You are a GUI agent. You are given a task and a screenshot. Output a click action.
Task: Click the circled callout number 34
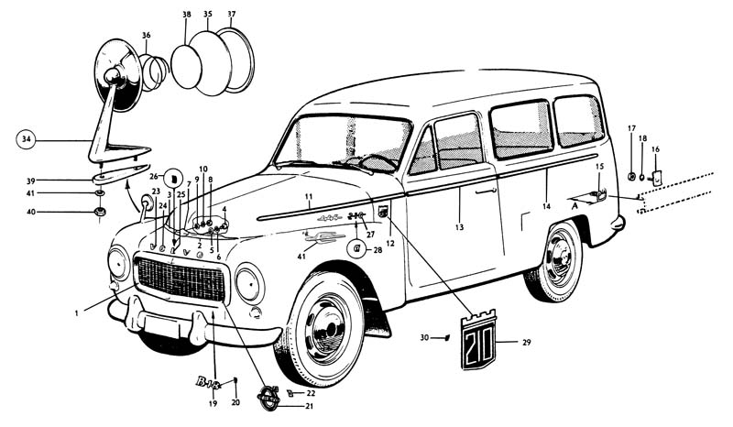pyautogui.click(x=25, y=140)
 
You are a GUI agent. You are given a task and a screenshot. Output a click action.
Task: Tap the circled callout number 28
pyautogui.click(x=356, y=248)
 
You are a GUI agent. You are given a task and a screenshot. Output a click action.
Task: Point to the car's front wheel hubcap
pyautogui.click(x=328, y=328)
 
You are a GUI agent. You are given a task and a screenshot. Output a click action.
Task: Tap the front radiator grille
pyautogui.click(x=180, y=279)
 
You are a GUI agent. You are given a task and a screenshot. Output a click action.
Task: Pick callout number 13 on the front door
pyautogui.click(x=459, y=225)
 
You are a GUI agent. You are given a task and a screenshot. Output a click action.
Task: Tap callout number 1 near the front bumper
pyautogui.click(x=78, y=313)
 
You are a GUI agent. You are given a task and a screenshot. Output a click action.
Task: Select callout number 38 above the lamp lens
pyautogui.click(x=187, y=16)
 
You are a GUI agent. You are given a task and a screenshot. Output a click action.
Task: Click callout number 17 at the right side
pyautogui.click(x=631, y=127)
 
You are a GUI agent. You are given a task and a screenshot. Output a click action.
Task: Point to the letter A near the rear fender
pyautogui.click(x=574, y=207)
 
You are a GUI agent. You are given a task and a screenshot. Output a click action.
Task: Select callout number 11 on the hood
pyautogui.click(x=309, y=197)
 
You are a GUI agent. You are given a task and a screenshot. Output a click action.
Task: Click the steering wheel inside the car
pyautogui.click(x=377, y=162)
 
